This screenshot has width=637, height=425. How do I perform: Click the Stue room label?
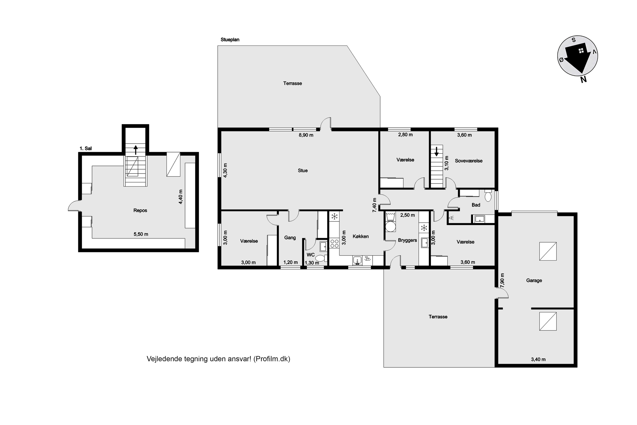click(303, 170)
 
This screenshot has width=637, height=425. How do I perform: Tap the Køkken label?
click(361, 236)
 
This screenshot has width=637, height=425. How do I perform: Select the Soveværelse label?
click(469, 161)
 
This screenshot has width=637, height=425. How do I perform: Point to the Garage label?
click(534, 280)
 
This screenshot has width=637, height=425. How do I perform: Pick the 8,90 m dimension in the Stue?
click(306, 135)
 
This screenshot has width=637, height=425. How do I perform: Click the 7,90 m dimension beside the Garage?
click(502, 280)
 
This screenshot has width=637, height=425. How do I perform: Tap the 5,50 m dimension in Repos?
click(141, 234)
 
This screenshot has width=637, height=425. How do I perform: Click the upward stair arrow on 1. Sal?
click(136, 150)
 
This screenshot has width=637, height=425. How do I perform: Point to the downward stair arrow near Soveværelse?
click(436, 152)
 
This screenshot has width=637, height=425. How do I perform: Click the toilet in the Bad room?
click(488, 195)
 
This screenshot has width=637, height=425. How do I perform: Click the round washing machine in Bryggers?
click(390, 227)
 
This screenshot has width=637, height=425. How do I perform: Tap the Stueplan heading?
click(230, 40)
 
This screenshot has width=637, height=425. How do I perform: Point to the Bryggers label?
click(407, 240)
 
